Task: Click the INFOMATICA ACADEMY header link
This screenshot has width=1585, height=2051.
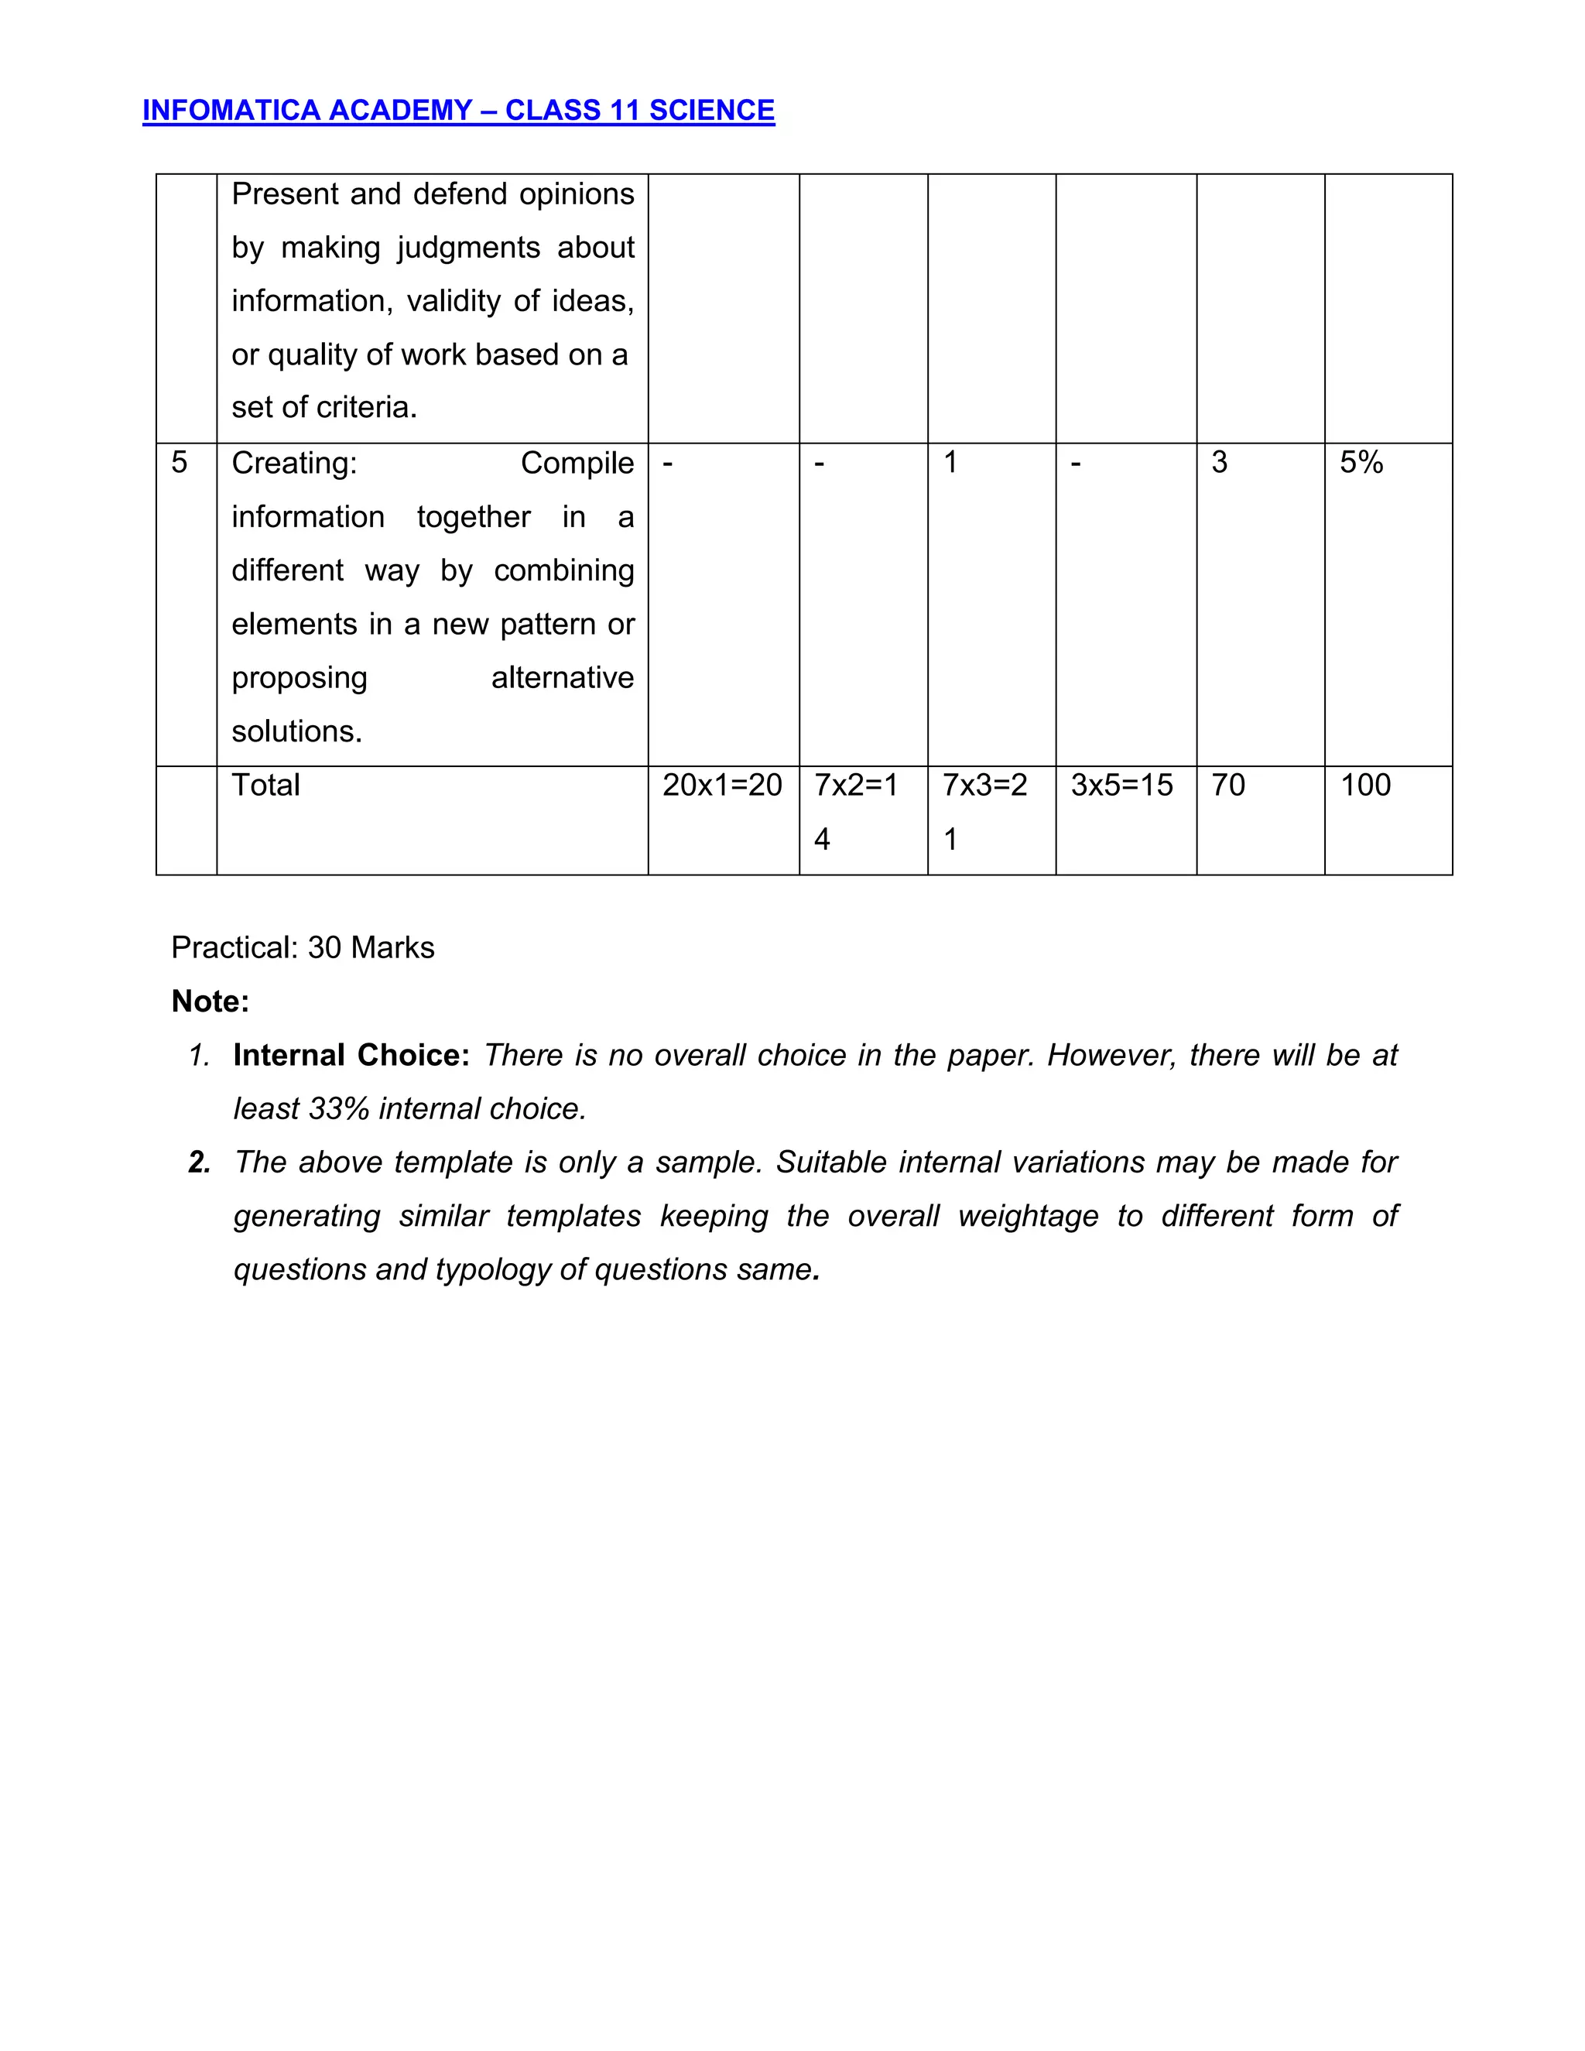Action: point(458,110)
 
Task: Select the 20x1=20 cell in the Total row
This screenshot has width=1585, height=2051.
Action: point(721,785)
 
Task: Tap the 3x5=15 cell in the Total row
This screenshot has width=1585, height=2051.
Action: point(1121,785)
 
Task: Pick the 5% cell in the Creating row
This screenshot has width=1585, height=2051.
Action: point(1361,462)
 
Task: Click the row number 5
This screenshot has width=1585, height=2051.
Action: point(180,462)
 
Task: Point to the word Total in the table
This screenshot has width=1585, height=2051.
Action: point(265,785)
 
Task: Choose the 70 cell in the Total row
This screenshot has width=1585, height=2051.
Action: point(1227,785)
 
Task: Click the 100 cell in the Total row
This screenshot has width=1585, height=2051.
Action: point(1364,785)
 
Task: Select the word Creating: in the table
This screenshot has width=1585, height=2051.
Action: point(294,463)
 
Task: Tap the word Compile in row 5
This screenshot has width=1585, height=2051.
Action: point(577,463)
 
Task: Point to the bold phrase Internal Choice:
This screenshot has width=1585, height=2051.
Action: point(351,1055)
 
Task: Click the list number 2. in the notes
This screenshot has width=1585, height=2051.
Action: point(199,1162)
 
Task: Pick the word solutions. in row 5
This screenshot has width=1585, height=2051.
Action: point(296,731)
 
